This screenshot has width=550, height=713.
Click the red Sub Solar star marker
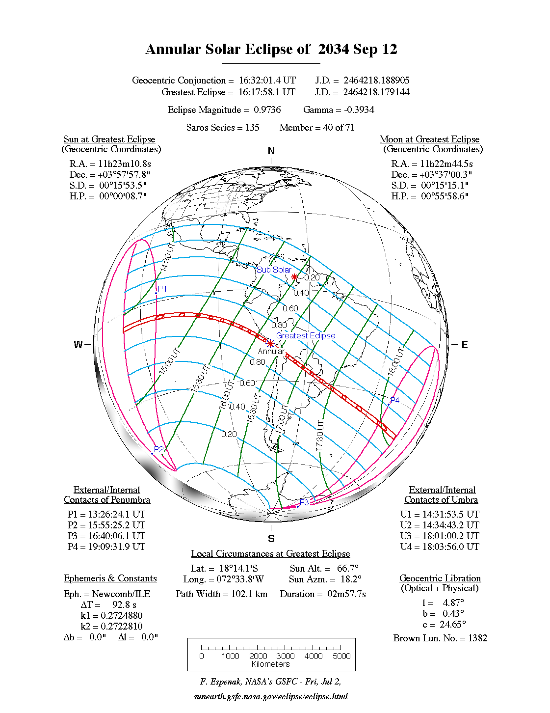click(294, 277)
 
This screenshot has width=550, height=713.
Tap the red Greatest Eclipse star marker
click(270, 343)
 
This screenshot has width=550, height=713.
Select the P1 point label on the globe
click(162, 289)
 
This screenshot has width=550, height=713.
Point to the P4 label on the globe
click(395, 400)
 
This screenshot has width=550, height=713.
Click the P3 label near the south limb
click(304, 502)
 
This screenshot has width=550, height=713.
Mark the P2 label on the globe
click(159, 449)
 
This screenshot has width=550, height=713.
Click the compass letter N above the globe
click(271, 151)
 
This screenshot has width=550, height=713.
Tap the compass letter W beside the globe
click(78, 345)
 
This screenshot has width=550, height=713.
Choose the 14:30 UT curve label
click(168, 257)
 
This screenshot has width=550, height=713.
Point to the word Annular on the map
click(271, 352)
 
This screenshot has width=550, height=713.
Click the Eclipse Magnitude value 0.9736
click(267, 110)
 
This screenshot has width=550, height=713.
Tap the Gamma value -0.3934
click(359, 110)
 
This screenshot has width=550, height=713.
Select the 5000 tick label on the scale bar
click(341, 656)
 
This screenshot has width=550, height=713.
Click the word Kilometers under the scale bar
click(271, 664)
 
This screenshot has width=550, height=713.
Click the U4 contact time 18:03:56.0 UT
click(450, 547)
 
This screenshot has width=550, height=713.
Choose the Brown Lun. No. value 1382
click(477, 638)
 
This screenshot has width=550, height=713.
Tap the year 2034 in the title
click(333, 50)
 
